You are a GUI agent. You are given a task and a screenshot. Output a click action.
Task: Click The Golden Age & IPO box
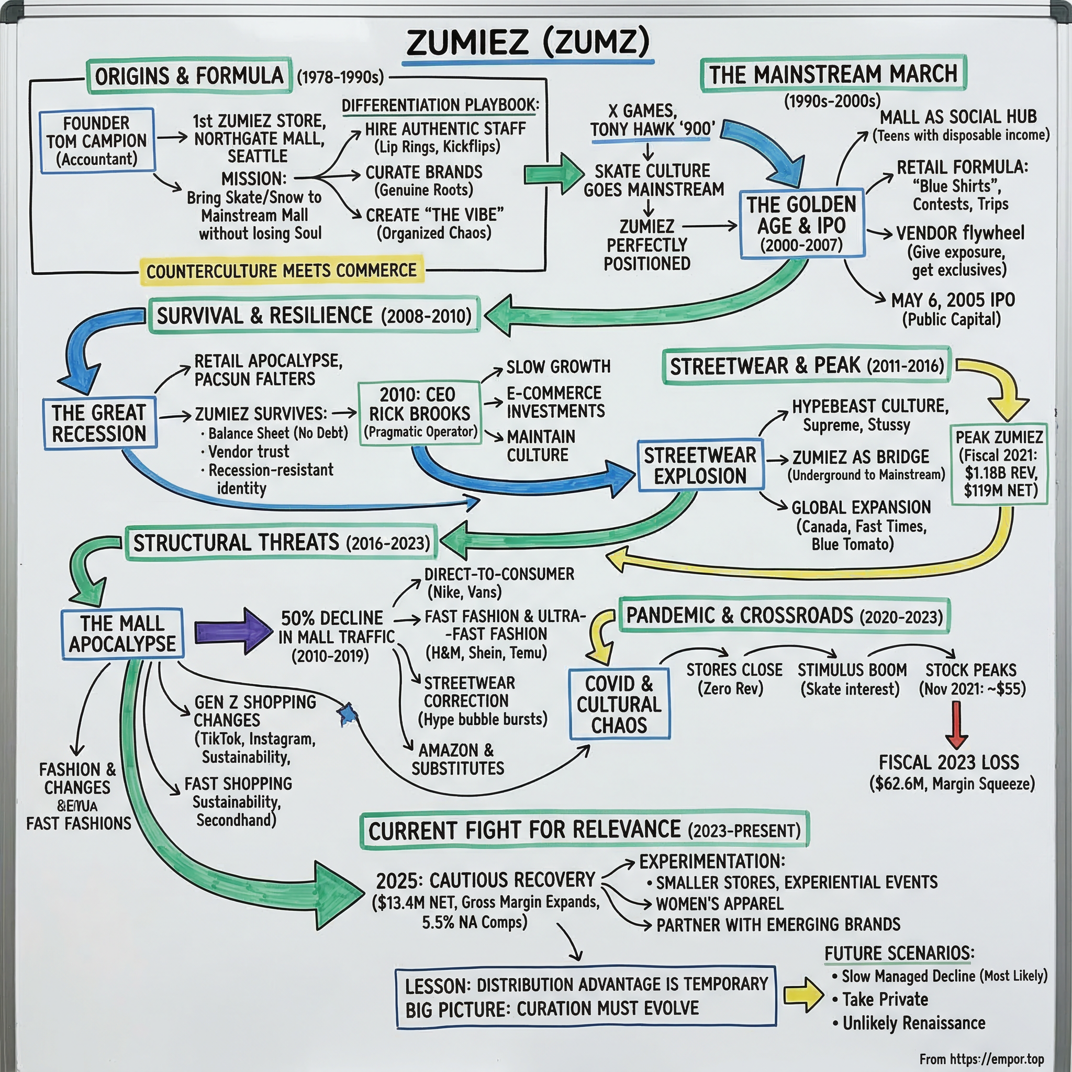pos(801,224)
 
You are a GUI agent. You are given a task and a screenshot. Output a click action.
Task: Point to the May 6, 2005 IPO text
pos(952,300)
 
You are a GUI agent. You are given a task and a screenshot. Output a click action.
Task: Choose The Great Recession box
pos(99,423)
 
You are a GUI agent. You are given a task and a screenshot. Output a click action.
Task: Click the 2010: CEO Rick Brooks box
pos(419,413)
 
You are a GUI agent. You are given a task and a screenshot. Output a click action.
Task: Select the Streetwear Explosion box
pos(700,465)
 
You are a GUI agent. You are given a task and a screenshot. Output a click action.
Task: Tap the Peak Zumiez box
pos(999,463)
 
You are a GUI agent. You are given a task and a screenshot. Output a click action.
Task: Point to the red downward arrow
pos(957,724)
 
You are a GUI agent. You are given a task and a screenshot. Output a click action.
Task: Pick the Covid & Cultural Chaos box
pos(619,704)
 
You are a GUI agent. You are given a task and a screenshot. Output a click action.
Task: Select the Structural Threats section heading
pos(281,543)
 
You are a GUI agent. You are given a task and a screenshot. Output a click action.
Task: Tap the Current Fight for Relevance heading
pos(584,831)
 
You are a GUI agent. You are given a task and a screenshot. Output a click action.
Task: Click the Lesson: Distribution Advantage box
pos(585,997)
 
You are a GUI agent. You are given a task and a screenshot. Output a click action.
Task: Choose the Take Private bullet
pos(885,999)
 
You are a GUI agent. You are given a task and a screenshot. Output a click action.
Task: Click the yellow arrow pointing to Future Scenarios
pos(803,995)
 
